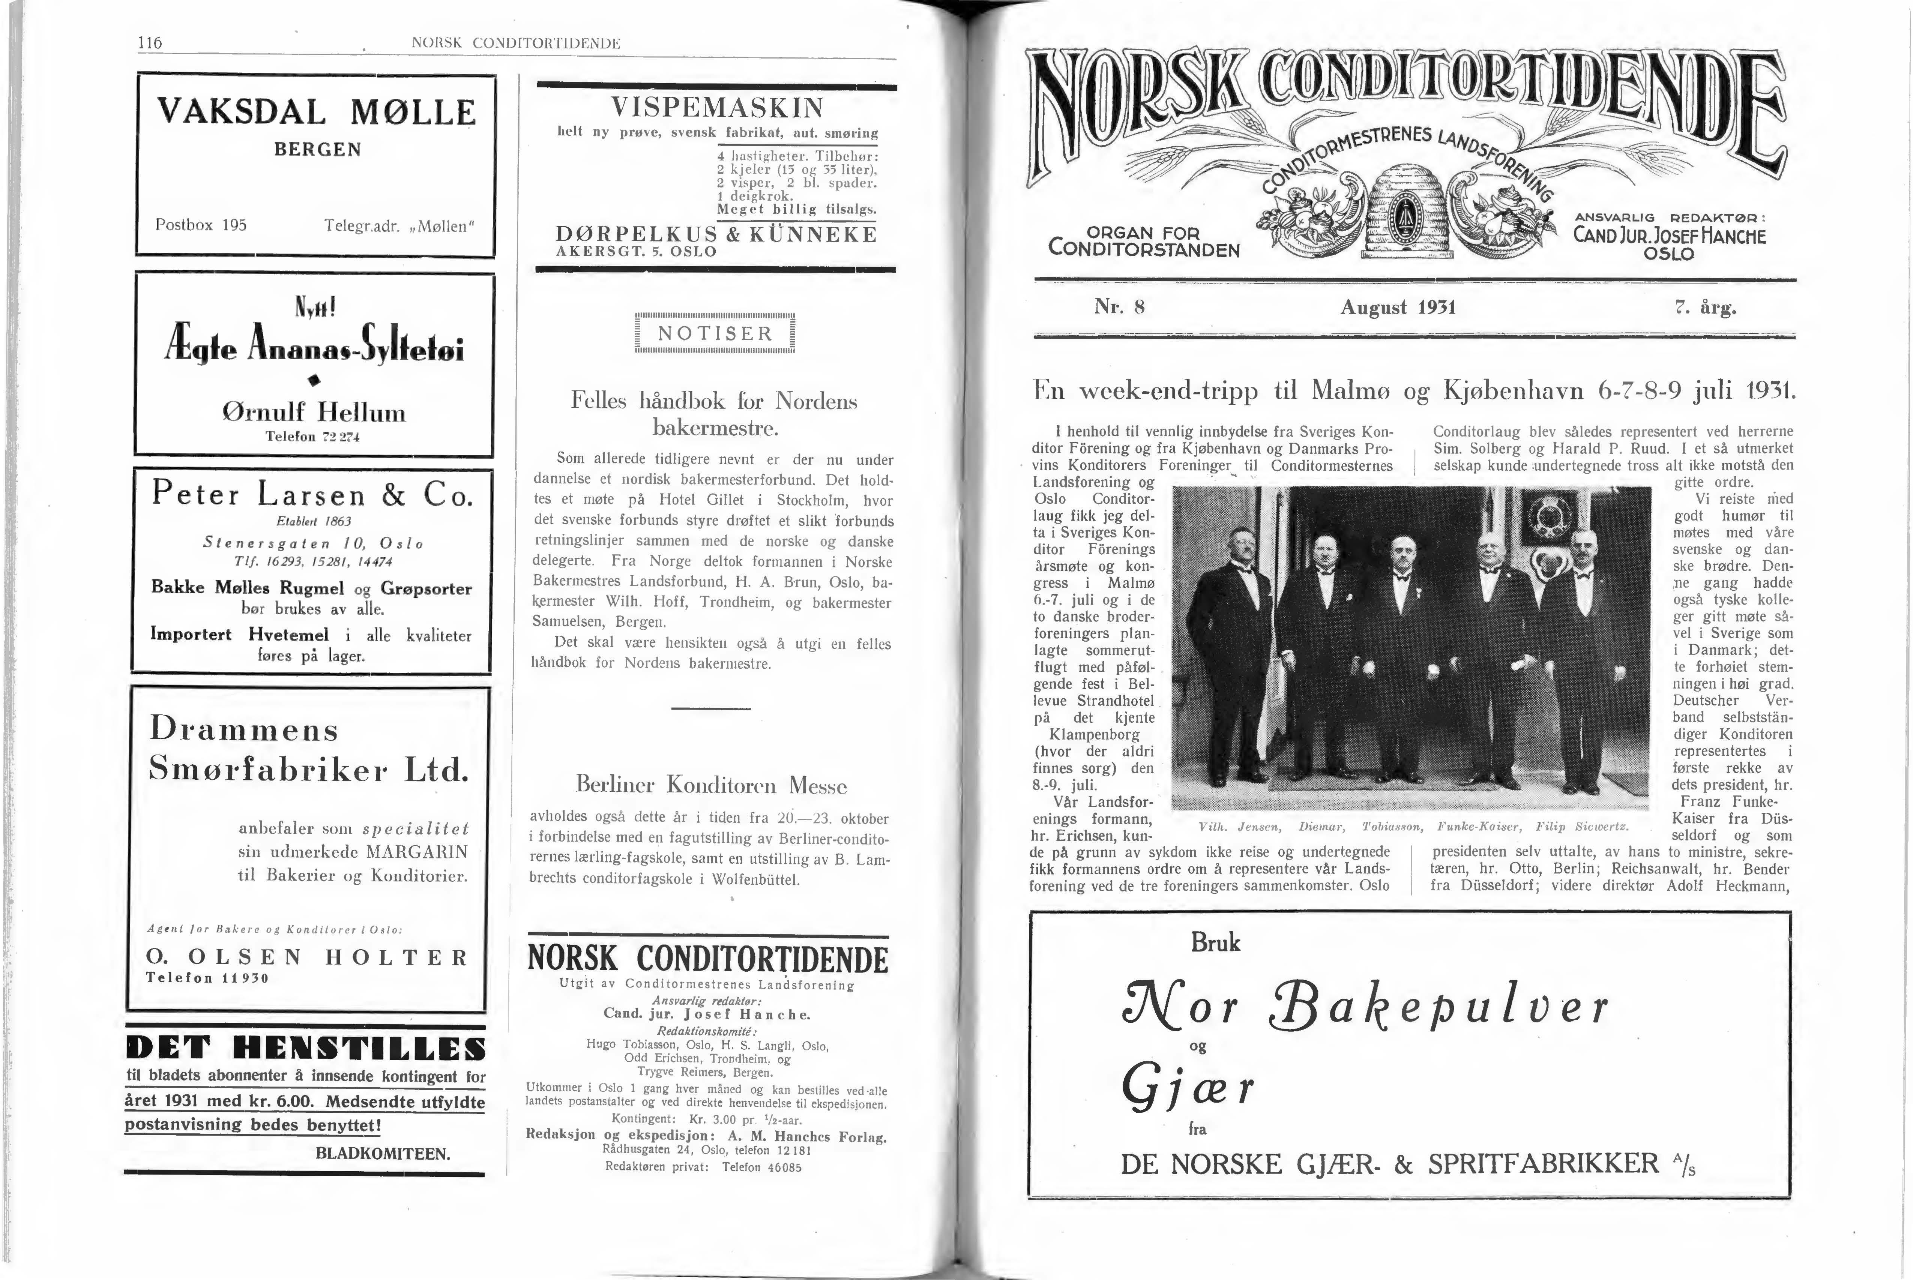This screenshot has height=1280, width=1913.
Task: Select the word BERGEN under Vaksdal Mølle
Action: click(318, 150)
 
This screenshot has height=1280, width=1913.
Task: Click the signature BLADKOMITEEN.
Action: click(382, 1154)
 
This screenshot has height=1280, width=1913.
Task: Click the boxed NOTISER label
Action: click(715, 334)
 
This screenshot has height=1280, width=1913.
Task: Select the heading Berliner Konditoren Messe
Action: click(711, 785)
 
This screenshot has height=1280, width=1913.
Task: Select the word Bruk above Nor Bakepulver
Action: click(1215, 943)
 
